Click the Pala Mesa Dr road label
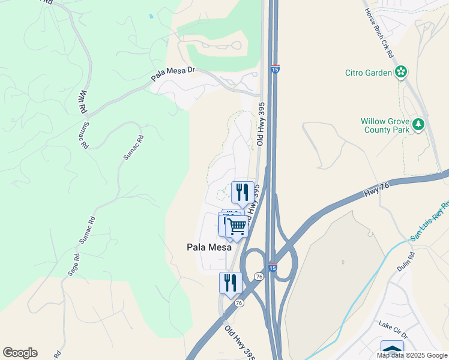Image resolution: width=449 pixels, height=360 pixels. [173, 74]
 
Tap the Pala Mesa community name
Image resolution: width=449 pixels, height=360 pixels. [208, 247]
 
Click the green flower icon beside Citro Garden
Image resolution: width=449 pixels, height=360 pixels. [401, 73]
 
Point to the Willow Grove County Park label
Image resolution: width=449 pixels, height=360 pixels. [385, 125]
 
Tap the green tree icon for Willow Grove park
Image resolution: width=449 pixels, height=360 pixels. [418, 125]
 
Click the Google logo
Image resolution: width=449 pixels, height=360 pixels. [20, 353]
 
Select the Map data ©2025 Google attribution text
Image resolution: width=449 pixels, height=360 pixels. [412, 355]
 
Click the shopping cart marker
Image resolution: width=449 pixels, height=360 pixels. [237, 227]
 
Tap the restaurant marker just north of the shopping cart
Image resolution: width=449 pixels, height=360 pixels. [243, 193]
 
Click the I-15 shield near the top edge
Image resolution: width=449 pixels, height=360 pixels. [275, 69]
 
